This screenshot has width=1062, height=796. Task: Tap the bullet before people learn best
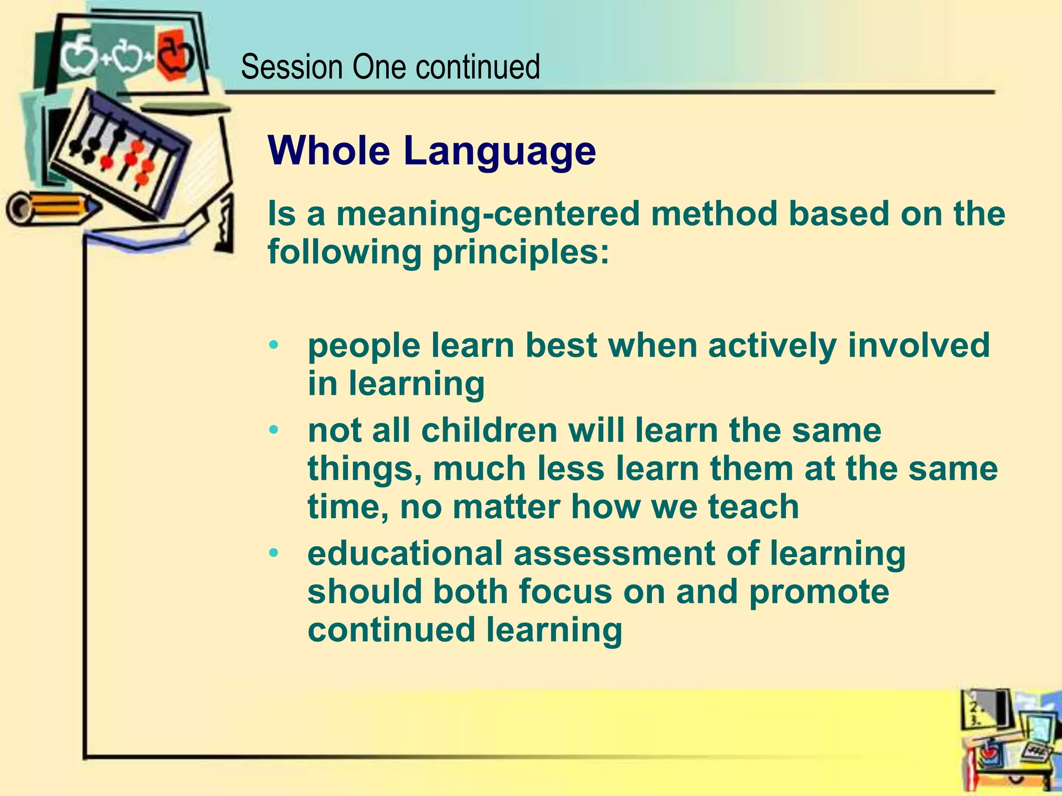274,345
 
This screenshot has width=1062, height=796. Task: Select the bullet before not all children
274,430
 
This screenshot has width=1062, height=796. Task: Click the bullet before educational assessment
274,553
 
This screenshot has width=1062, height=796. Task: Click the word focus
565,592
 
